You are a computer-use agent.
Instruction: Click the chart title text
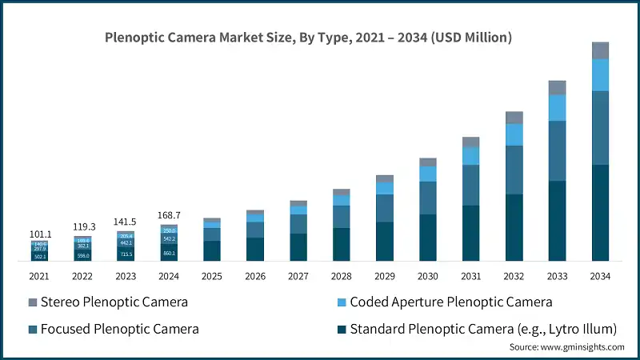tap(309, 38)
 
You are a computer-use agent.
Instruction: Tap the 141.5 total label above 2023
tap(126, 222)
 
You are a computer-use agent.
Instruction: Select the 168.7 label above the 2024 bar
tap(169, 214)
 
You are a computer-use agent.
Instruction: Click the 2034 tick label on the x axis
tap(600, 275)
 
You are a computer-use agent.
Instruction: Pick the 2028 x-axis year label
tap(341, 275)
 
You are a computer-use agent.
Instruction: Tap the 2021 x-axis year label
tap(39, 275)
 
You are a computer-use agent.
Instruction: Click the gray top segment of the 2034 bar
tap(600, 50)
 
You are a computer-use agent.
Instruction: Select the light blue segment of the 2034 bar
tap(600, 75)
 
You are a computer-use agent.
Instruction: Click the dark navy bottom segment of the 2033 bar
tap(557, 221)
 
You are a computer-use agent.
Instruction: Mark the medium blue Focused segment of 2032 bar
tap(514, 170)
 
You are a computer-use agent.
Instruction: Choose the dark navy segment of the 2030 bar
tap(428, 238)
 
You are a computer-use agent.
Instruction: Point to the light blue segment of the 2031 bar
tap(471, 156)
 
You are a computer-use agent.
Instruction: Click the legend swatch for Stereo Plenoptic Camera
tap(33, 302)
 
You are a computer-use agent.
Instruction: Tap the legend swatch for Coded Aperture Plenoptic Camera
tap(338, 302)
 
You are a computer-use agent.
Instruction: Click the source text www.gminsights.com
tap(567, 347)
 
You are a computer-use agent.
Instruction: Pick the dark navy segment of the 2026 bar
tap(255, 249)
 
